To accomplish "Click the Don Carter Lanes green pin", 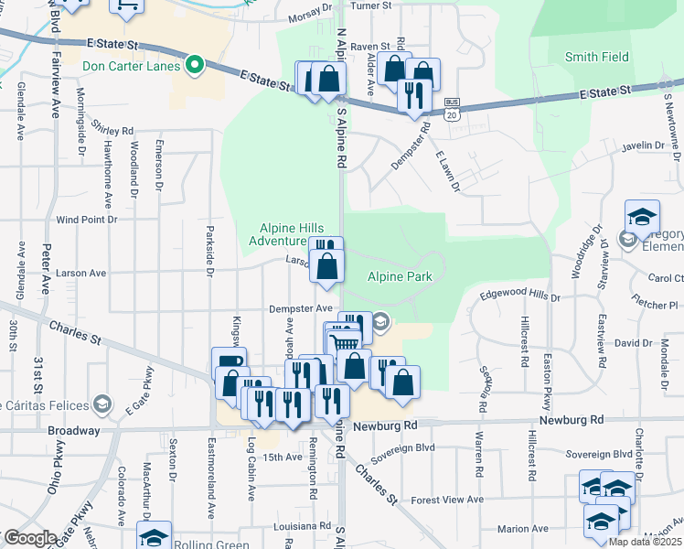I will tap(194, 66).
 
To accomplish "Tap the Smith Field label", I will tap(596, 57).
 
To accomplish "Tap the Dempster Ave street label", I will tap(300, 308).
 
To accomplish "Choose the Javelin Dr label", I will tap(642, 145).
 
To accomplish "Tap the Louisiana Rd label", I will tap(303, 526).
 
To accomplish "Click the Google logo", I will tap(30, 538).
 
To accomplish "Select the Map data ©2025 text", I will tap(646, 542).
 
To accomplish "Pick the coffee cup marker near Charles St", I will tap(229, 362).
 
